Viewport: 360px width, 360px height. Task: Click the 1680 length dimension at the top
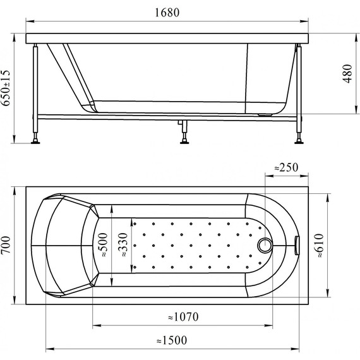[167, 13]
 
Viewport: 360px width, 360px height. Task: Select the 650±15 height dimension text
[6, 88]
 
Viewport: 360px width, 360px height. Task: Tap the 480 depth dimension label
[347, 73]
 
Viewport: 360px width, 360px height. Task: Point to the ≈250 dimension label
[287, 167]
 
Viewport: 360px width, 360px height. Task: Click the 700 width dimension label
[6, 245]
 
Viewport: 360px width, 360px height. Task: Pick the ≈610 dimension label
[320, 246]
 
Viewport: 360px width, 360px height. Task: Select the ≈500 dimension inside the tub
[102, 245]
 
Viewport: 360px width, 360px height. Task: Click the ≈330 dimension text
[123, 245]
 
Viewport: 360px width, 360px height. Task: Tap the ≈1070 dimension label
[183, 317]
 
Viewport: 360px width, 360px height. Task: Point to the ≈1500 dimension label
[172, 340]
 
